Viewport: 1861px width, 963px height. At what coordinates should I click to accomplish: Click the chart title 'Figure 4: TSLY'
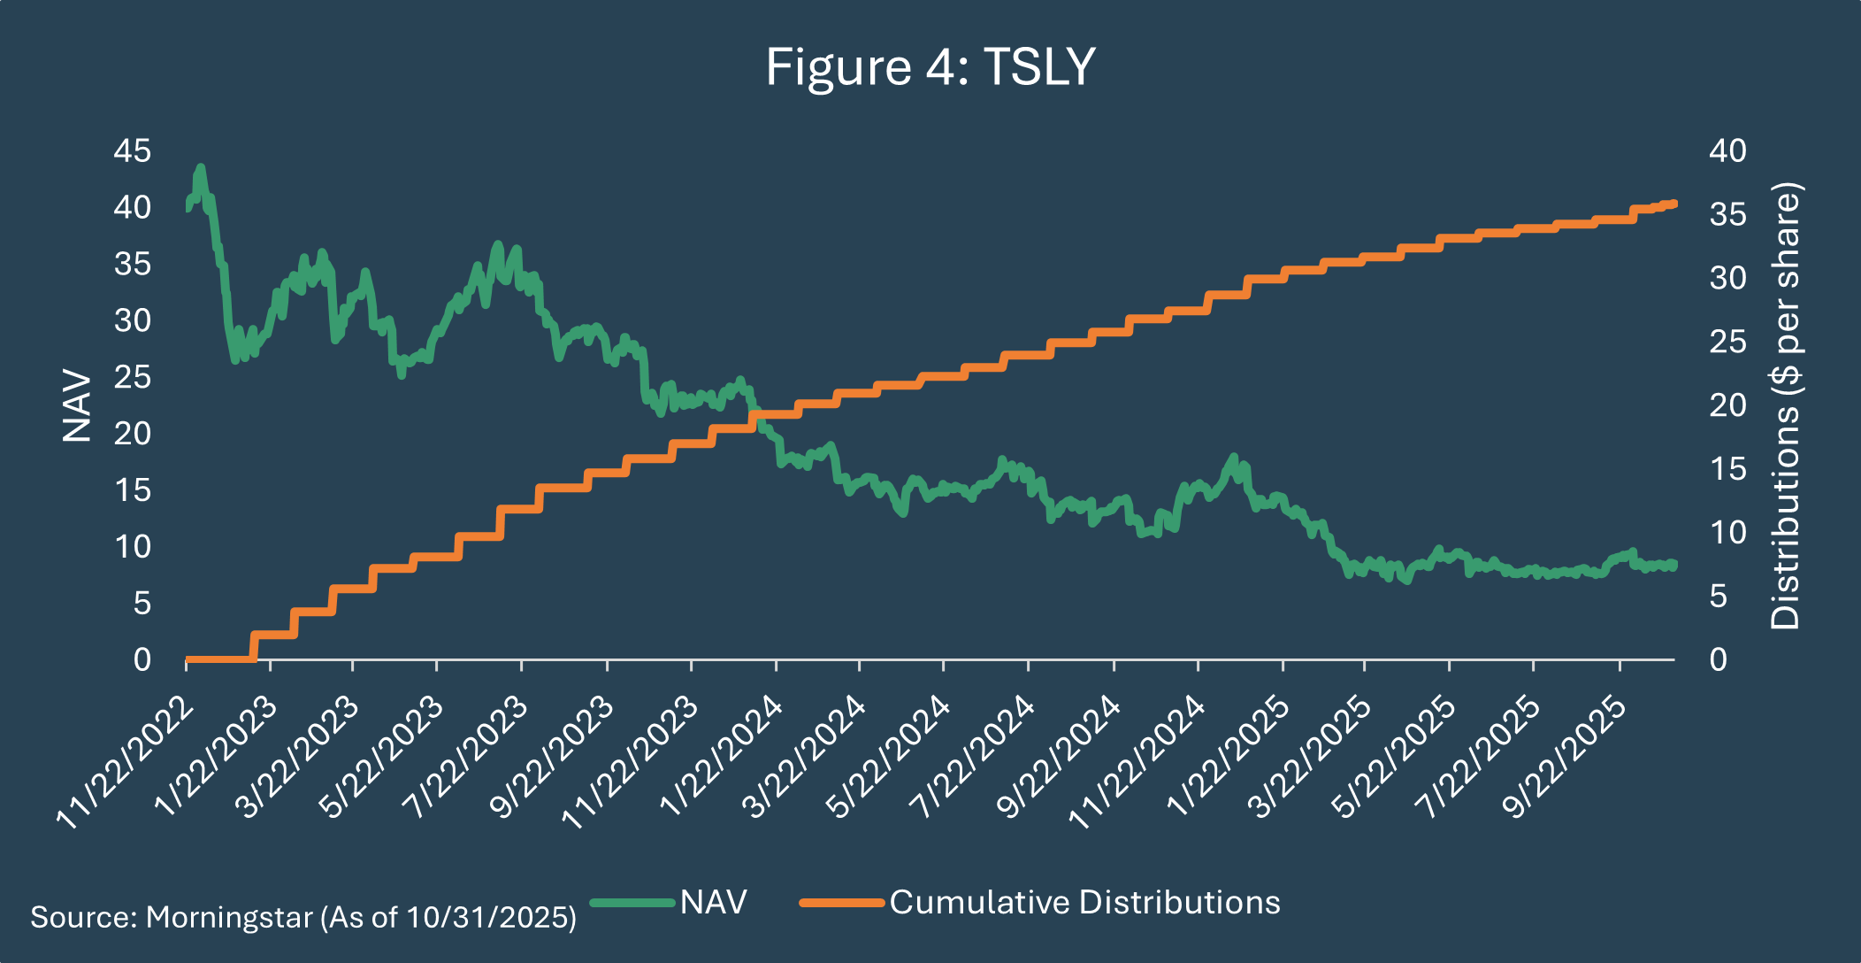click(930, 66)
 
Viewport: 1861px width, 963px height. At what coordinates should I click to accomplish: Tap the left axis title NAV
click(77, 405)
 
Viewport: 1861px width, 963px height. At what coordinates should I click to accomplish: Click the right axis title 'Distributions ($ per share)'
click(1785, 405)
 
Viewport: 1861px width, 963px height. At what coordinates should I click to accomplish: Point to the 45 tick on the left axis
click(132, 150)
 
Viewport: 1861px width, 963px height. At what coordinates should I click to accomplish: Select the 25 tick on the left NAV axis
click(132, 377)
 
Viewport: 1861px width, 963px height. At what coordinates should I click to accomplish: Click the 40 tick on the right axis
click(1727, 150)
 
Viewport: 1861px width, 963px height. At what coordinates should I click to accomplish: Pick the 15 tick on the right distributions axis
click(1727, 468)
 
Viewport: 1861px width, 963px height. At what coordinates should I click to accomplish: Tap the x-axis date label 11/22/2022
click(125, 763)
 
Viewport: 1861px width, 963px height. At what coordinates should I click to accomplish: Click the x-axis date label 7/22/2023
click(466, 758)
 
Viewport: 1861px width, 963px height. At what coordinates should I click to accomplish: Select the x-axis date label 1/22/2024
click(721, 758)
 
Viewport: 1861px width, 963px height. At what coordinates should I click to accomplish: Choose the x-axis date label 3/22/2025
click(1312, 758)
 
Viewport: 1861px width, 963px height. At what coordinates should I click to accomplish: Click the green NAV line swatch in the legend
click(632, 903)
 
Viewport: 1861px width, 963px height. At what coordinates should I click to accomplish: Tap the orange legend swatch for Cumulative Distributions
click(842, 903)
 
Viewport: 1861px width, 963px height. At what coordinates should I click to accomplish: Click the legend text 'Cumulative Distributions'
click(1085, 902)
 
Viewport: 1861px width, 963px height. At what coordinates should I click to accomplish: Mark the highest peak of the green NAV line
click(201, 167)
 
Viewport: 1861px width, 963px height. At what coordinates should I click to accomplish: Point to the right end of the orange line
click(1673, 204)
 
